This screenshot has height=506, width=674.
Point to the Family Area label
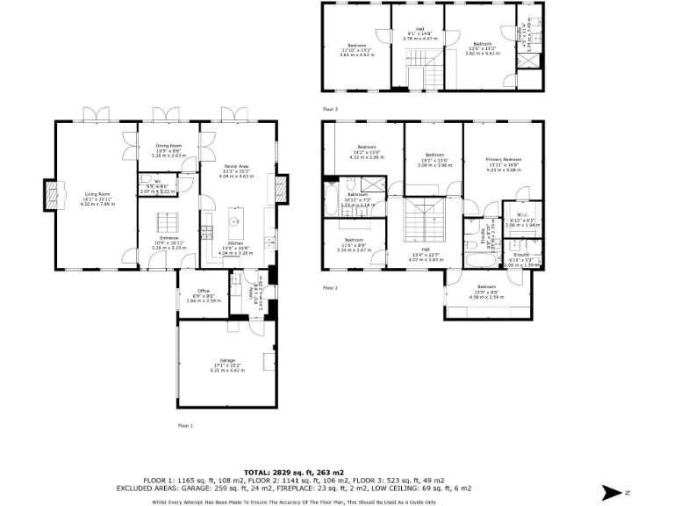coord(235,166)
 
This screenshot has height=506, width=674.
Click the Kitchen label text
coord(235,242)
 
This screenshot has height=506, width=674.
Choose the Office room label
coord(203,291)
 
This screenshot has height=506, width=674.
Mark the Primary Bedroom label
coord(503,159)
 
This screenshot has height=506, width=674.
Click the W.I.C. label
coord(520,214)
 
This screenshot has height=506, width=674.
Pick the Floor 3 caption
coord(330,109)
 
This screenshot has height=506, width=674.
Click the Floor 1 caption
coord(185,425)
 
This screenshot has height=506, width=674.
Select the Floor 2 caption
coord(330,287)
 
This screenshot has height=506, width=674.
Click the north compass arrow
coord(614,493)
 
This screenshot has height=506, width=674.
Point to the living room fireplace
coord(52,193)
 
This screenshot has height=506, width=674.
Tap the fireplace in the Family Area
coord(282,189)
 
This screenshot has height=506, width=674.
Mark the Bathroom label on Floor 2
coord(357,194)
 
